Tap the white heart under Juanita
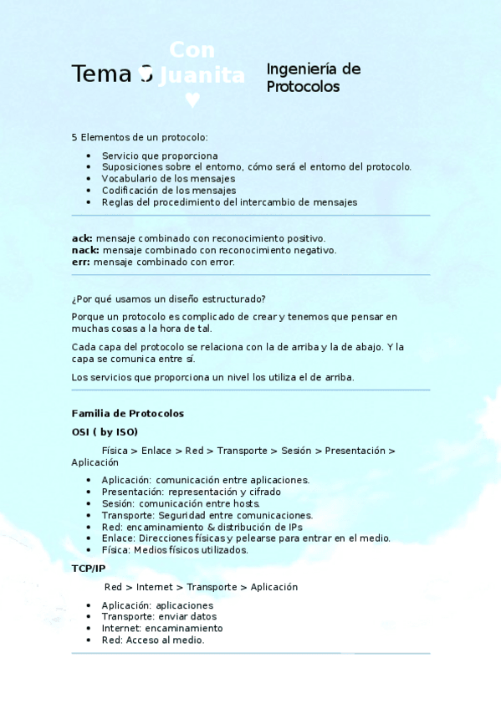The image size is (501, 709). pos(192,100)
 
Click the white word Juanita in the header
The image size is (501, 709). pos(202,76)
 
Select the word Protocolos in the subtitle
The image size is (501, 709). pos(304,87)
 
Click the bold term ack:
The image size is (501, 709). pos(82,238)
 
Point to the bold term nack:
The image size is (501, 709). pos(85,250)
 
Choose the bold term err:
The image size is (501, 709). pos(81,262)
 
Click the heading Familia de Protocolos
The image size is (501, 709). pos(128,414)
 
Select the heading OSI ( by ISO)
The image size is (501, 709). pos(105,431)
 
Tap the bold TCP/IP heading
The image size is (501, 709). pos(89,569)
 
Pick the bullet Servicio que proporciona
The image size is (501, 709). pos(160,156)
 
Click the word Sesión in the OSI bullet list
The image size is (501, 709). pos(118,503)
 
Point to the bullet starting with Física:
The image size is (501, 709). pos(175,550)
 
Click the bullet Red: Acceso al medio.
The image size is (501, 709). pos(153,640)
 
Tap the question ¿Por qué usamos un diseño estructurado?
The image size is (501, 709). pos(169,298)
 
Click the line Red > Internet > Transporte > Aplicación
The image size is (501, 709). pos(201,587)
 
